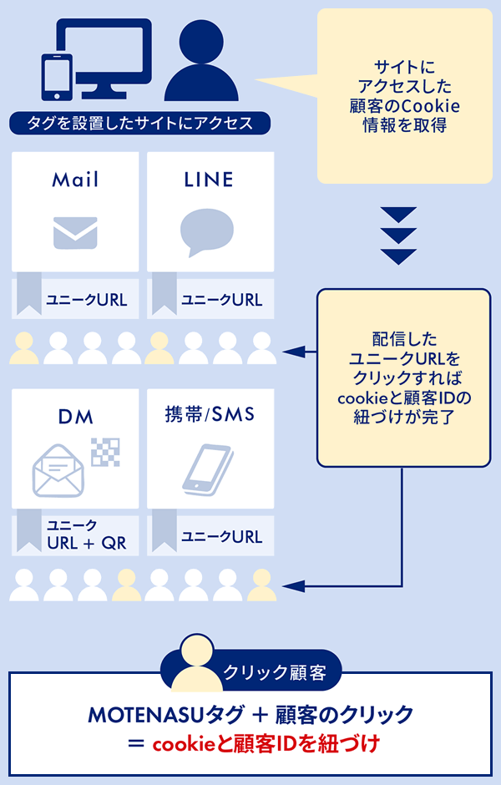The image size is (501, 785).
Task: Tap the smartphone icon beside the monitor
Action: tap(57, 76)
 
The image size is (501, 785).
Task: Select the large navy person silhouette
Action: tap(201, 60)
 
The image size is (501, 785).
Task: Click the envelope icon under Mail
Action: tap(75, 233)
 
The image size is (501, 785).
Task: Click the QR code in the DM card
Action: tap(105, 452)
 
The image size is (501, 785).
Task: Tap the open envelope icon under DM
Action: tap(58, 471)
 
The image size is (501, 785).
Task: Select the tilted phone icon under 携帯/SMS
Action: tap(207, 469)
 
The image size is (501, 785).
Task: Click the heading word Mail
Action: tap(75, 180)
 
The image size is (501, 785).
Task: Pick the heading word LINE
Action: tap(209, 180)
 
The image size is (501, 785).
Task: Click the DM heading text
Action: tap(76, 417)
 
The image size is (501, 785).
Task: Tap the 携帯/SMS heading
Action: tap(210, 414)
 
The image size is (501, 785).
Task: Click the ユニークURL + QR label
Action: tap(86, 534)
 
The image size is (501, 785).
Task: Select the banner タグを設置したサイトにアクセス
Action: tap(140, 123)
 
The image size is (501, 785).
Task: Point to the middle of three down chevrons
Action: tap(398, 235)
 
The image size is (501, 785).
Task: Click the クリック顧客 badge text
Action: tap(275, 672)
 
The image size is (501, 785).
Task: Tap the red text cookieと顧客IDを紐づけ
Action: tap(266, 744)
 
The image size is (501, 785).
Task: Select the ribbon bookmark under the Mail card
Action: tap(29, 293)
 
